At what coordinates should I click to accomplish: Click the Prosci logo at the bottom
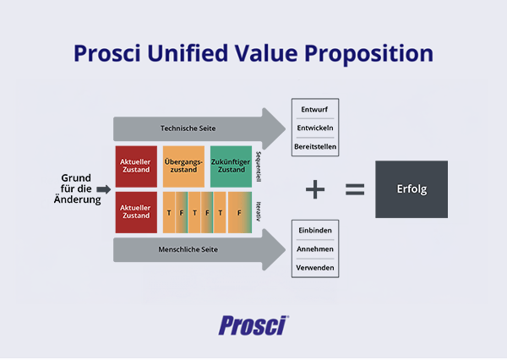point(253,325)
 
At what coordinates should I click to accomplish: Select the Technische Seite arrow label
point(188,128)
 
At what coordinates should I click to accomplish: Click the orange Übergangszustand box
point(183,166)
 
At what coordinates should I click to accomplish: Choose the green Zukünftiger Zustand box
point(231,166)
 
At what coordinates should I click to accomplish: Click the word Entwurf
point(315,109)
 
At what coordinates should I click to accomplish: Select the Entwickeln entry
point(315,128)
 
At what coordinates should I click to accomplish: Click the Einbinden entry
point(315,230)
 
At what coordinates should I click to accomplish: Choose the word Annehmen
point(315,249)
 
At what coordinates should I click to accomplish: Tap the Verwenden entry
point(315,269)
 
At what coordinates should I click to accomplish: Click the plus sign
point(315,189)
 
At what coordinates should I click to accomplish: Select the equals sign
point(355,189)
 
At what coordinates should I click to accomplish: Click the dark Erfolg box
point(412,188)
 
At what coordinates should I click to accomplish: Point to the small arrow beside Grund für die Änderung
point(104,188)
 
